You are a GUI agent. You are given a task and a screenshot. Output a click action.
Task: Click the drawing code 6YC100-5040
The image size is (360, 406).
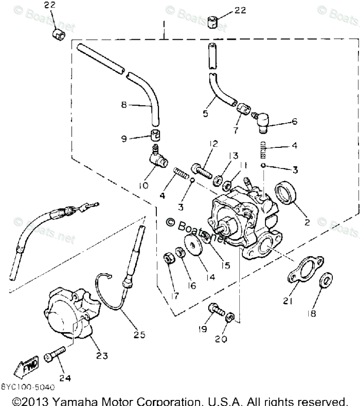[28, 388]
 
